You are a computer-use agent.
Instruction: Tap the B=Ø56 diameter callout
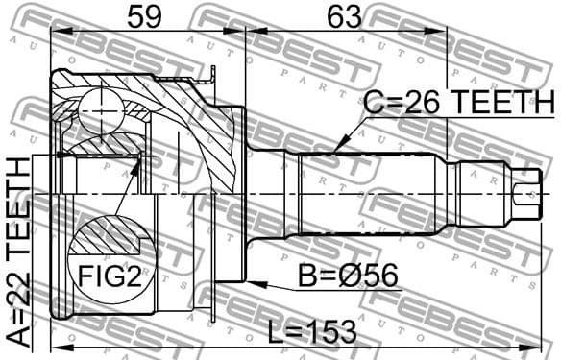coord(347,278)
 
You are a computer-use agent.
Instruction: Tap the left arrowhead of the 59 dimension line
coord(55,31)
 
